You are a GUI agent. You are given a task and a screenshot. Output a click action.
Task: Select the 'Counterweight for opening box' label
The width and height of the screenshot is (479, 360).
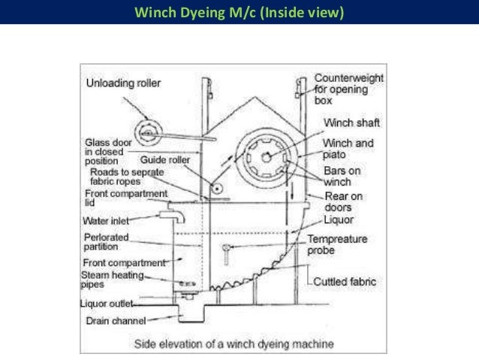click(x=348, y=88)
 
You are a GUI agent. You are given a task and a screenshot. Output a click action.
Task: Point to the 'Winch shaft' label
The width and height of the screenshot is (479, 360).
click(x=351, y=123)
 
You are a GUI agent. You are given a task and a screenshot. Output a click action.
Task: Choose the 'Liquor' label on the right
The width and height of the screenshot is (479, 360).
click(x=339, y=219)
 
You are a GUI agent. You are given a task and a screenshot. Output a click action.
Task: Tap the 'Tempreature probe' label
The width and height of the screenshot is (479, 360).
click(x=337, y=244)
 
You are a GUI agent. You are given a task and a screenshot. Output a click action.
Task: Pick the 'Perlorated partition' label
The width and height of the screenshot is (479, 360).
click(x=107, y=242)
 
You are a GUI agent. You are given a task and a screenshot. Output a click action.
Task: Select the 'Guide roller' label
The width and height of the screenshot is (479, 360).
click(x=159, y=160)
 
